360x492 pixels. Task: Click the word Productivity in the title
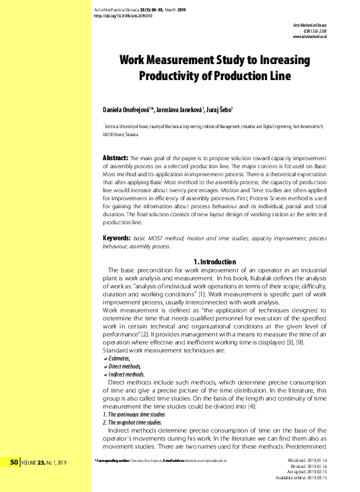click(174, 75)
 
